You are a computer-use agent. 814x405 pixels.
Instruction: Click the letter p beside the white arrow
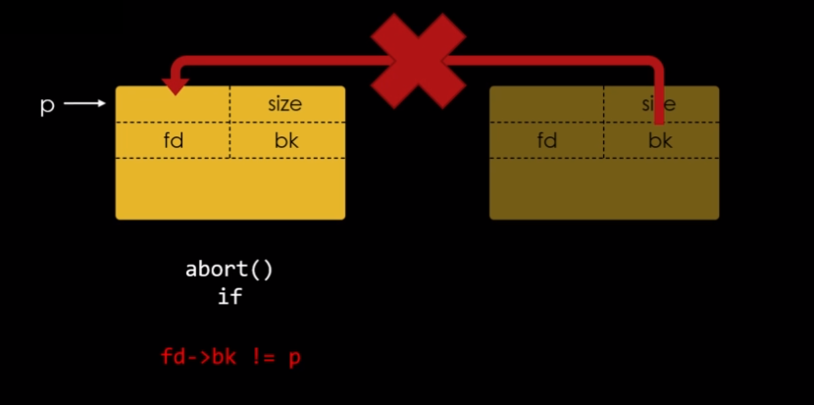(47, 105)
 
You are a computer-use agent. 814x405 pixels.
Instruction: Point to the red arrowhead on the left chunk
(176, 87)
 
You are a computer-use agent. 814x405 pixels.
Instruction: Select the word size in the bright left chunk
(284, 104)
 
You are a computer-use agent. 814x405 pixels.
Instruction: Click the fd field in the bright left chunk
(174, 140)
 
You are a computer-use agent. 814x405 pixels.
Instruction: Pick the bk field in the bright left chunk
(286, 140)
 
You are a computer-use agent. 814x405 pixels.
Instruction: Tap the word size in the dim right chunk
(659, 104)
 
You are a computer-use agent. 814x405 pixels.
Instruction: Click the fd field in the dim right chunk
(547, 140)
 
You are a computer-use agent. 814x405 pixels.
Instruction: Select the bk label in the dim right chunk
(660, 141)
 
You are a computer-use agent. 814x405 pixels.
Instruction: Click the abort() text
(229, 270)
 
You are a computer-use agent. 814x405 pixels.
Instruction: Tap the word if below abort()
(229, 295)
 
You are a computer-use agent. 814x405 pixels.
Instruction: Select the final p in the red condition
(294, 358)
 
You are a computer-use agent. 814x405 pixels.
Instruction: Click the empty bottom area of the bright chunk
(229, 188)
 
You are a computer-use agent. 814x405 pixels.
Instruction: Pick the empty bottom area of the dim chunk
(603, 188)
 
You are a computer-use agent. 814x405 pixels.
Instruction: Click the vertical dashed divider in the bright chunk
(230, 123)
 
